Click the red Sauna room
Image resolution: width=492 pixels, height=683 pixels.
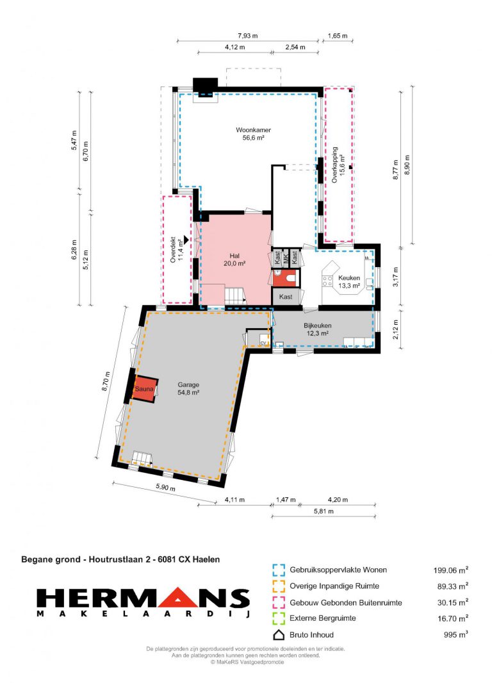coord(144,388)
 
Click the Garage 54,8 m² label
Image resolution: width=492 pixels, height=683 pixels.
coord(188,388)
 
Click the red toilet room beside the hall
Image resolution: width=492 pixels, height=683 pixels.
coord(286,278)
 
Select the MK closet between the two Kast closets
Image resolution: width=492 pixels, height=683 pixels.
coord(286,258)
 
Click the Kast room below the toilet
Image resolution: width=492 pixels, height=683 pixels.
coord(286,297)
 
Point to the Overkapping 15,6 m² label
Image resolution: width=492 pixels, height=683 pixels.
coord(338,165)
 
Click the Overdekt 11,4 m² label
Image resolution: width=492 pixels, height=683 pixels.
coord(176,249)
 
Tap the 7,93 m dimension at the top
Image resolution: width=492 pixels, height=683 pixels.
coord(247,36)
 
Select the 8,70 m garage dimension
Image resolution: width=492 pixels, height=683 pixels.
coord(105,382)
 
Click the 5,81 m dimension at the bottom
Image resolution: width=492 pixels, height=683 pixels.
coord(324,511)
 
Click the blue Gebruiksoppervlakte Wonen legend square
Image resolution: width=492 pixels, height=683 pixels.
coord(279,570)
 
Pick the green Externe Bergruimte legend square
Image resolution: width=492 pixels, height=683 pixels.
coord(279,618)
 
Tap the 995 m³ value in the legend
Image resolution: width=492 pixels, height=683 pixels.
coord(455,635)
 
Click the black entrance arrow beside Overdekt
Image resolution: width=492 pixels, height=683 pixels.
coord(186,239)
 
